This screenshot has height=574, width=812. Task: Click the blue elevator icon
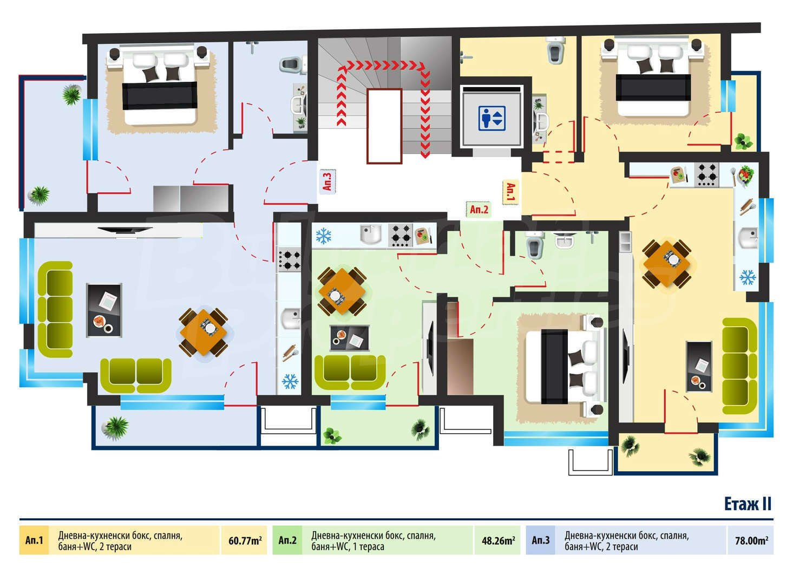click(x=492, y=118)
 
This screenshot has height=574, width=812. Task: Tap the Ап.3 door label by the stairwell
click(x=328, y=181)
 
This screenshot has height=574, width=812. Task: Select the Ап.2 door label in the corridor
click(x=479, y=209)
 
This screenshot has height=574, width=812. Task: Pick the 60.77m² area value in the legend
click(x=245, y=540)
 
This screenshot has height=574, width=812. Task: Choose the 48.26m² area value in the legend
click(x=498, y=540)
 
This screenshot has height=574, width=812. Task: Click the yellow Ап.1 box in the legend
click(x=34, y=540)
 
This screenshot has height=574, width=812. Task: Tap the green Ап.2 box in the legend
click(x=287, y=540)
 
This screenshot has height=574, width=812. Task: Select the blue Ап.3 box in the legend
click(x=540, y=540)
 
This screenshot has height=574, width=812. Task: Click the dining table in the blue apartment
click(x=204, y=332)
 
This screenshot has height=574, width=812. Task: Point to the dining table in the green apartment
click(x=342, y=291)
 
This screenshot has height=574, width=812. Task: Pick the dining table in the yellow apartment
click(x=666, y=264)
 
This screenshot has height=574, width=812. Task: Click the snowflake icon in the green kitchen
click(x=323, y=236)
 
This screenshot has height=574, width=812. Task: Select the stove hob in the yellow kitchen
click(x=707, y=175)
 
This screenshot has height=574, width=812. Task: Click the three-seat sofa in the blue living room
click(x=55, y=309)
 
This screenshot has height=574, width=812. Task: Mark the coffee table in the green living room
click(x=350, y=338)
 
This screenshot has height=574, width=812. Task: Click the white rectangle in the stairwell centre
click(x=384, y=126)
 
